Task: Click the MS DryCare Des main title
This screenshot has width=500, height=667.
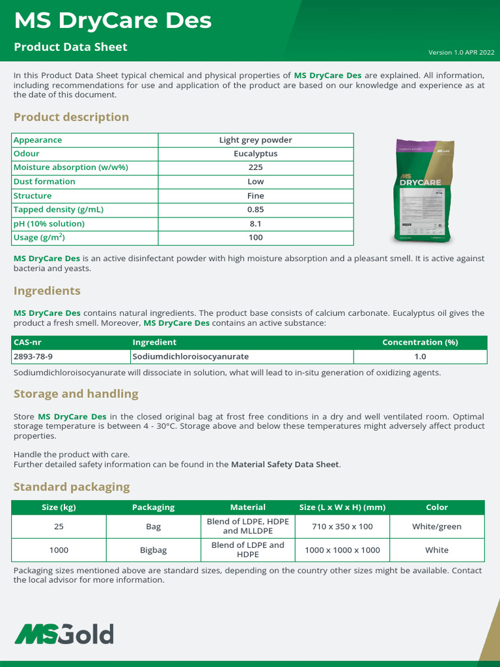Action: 113,21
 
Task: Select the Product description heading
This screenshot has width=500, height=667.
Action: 71,117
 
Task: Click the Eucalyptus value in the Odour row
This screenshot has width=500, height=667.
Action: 255,154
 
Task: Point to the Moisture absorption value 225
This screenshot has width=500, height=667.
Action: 255,167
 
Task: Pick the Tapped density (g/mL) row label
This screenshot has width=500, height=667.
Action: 59,210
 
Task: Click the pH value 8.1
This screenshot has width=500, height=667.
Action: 255,223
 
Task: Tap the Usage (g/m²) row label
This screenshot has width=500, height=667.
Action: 39,238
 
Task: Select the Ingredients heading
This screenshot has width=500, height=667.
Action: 47,291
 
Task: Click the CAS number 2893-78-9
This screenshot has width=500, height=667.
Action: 33,357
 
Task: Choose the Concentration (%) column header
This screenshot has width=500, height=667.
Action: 420,343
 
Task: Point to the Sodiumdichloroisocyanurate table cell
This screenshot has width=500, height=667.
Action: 190,357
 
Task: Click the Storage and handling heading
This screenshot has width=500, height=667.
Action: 76,393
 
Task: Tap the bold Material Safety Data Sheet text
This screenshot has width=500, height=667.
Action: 285,464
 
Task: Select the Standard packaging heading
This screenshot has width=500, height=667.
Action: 72,487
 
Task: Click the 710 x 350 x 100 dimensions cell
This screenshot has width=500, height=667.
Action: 342,526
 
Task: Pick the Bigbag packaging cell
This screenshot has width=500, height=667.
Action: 154,550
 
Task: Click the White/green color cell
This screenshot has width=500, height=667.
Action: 437,526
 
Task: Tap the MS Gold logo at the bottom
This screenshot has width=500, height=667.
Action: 64,634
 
